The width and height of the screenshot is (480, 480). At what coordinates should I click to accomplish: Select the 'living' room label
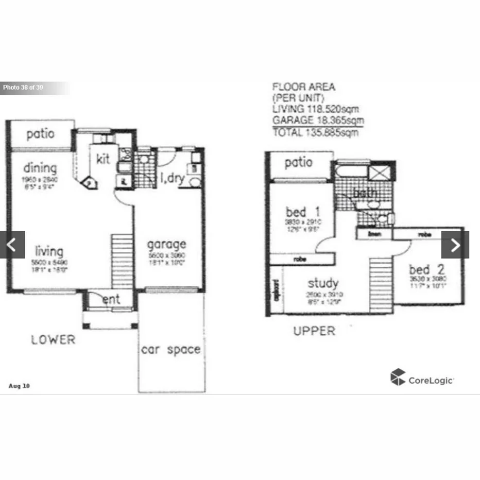click(49, 251)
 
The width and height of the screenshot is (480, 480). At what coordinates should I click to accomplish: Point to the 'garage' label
click(167, 244)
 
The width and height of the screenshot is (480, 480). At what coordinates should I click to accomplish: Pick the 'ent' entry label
click(111, 299)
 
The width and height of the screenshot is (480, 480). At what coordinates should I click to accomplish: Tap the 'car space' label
click(170, 350)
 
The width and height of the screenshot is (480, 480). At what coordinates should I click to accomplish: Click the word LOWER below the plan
click(53, 340)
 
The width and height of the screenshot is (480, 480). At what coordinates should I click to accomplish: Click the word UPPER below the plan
click(314, 331)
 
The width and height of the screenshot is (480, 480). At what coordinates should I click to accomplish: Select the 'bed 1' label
click(303, 212)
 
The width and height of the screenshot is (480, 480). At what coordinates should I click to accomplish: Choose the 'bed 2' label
click(426, 269)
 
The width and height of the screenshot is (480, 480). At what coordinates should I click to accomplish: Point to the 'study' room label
click(323, 283)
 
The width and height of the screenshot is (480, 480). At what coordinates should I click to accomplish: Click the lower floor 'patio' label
click(40, 134)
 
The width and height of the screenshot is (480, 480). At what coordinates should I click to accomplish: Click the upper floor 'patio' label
click(299, 163)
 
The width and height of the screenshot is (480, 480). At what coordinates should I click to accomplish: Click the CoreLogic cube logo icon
click(398, 378)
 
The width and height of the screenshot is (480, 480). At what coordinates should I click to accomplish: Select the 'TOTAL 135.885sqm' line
click(315, 132)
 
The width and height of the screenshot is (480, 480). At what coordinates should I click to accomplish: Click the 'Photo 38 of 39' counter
click(23, 88)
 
